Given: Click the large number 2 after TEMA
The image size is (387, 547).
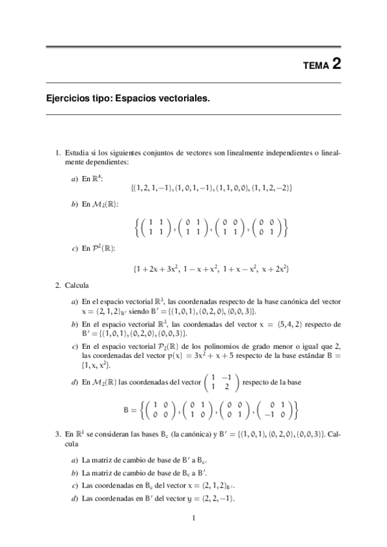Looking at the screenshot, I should tap(336, 64).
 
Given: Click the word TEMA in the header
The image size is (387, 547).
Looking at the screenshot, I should tap(316, 66).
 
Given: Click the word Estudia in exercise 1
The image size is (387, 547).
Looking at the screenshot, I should tap(78, 153).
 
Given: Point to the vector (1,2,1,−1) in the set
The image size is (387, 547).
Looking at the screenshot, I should tap(152, 187).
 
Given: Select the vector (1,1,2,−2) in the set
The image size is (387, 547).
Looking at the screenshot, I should tap(271, 187).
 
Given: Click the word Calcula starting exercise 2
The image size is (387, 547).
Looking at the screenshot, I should tap(77, 285).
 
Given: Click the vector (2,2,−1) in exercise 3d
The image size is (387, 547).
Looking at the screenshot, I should tap(215, 499).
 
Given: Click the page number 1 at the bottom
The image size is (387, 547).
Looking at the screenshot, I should tap(193, 519).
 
